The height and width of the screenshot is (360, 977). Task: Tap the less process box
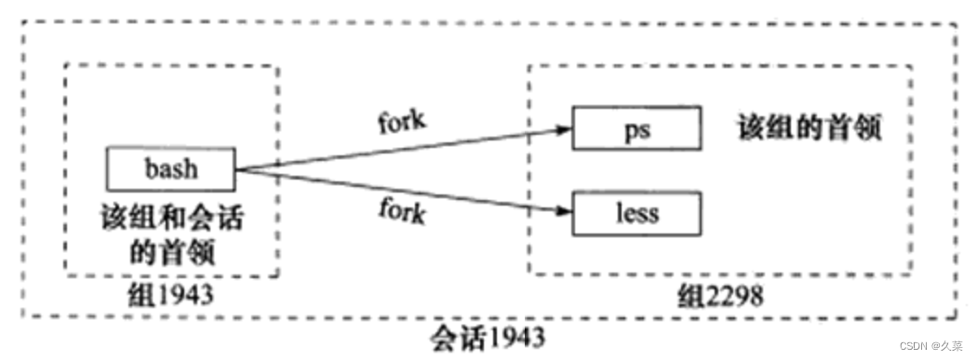click(636, 213)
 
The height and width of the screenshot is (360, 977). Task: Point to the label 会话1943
click(487, 336)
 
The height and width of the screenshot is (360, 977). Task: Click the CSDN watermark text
click(921, 347)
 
